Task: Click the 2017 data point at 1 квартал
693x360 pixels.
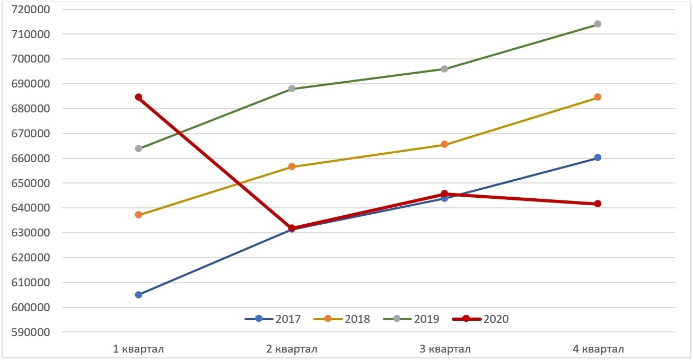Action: coord(138,295)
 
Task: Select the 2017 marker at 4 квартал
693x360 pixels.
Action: coord(598,157)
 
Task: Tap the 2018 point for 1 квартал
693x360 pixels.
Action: coord(138,215)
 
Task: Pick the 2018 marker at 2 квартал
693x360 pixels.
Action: coord(292,166)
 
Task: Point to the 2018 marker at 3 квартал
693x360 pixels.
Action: coord(444,144)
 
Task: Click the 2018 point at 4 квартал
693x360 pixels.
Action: coord(598,97)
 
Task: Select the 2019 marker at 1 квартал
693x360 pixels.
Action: coord(138,148)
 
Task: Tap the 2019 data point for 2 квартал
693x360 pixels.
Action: coord(292,89)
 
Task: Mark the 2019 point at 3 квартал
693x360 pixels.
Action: coord(444,69)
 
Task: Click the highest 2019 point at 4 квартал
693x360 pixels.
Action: coord(598,24)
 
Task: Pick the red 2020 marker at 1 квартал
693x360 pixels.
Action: coord(138,97)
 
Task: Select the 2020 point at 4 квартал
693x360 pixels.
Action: coord(598,204)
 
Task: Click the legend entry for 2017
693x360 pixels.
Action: coord(273,319)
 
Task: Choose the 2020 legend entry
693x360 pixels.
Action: coord(480,319)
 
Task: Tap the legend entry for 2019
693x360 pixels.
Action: coord(411,319)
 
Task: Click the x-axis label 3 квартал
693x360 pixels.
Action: coord(444,349)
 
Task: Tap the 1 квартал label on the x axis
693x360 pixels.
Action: coord(138,349)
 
